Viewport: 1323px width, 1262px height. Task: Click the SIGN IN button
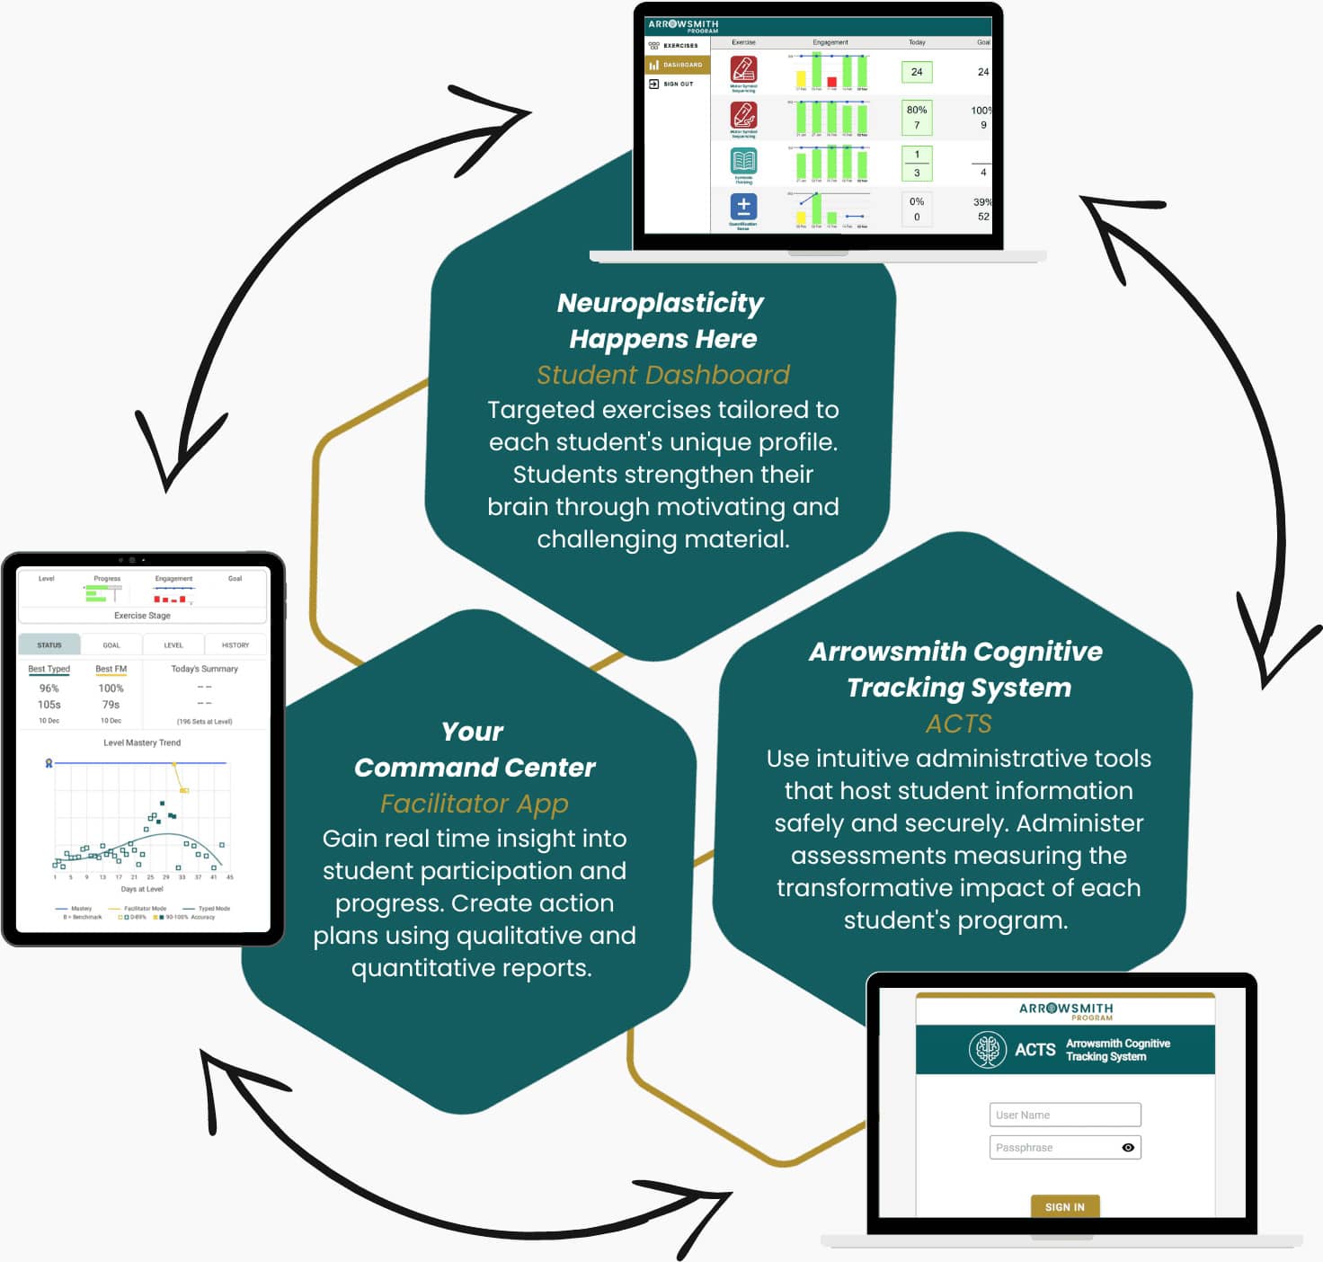click(1065, 1207)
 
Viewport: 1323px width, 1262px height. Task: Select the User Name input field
click(1065, 1115)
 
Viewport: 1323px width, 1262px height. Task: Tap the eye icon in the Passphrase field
click(1128, 1148)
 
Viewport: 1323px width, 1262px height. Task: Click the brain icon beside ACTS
click(987, 1049)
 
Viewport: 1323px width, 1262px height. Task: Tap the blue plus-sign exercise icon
click(743, 207)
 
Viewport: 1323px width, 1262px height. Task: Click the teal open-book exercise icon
click(743, 161)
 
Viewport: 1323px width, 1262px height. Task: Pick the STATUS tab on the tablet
click(49, 645)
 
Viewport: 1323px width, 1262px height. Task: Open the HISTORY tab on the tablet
click(235, 645)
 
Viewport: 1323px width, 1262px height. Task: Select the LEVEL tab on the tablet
click(173, 645)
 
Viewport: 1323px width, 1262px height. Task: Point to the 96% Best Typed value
click(49, 689)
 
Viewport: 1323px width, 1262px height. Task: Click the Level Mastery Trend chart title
click(142, 742)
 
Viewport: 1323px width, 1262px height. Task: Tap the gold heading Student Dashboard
click(663, 375)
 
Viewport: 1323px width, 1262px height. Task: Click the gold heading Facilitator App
click(475, 804)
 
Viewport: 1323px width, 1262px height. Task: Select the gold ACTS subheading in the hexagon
click(959, 724)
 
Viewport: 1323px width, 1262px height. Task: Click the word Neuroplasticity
click(661, 303)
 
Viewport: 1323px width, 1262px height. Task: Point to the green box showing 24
click(917, 72)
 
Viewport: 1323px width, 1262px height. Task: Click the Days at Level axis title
click(142, 889)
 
